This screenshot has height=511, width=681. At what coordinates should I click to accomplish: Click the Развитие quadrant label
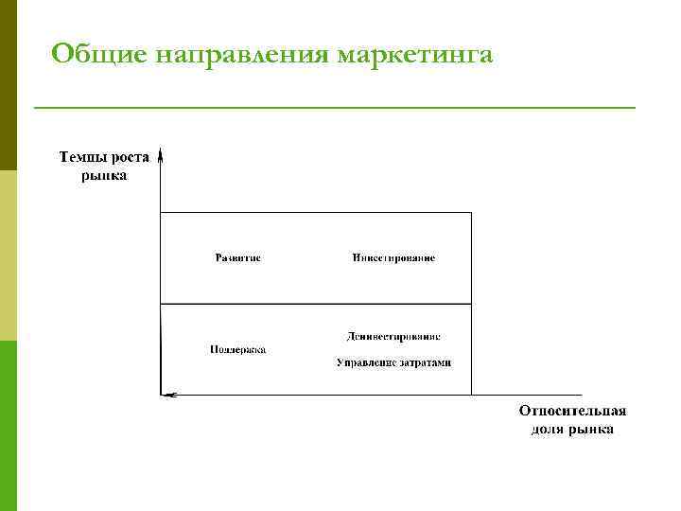(238, 258)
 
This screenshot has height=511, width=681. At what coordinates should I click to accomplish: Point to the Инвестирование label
(393, 258)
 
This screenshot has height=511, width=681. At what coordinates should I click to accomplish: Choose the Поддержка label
(238, 349)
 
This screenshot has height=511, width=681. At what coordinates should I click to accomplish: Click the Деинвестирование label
(393, 336)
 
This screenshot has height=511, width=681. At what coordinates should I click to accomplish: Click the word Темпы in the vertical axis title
(79, 159)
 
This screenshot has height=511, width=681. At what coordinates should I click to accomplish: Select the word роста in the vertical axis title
(127, 159)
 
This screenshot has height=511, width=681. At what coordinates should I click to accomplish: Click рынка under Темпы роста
(103, 175)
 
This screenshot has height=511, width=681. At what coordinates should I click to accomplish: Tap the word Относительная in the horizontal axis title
(572, 412)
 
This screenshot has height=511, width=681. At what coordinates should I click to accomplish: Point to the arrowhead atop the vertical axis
(162, 152)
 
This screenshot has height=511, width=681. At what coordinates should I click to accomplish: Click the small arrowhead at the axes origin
(166, 393)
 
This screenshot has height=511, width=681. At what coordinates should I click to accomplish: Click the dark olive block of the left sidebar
(9, 85)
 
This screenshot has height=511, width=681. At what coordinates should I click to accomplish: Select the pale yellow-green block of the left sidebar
(9, 255)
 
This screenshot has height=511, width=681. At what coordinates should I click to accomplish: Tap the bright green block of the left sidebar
(9, 426)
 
